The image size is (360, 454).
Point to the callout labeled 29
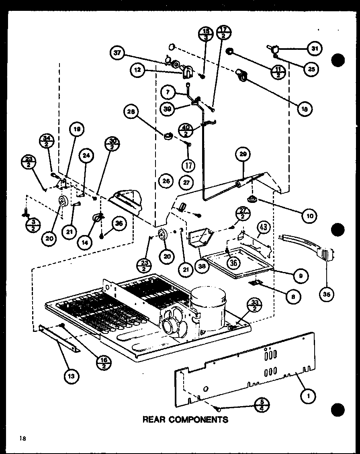[x=244, y=154]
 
